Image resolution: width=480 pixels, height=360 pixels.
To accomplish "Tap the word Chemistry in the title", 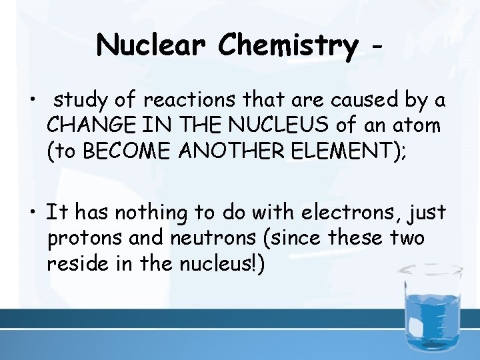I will (288, 45).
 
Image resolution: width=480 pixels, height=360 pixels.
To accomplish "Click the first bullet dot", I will (33, 102).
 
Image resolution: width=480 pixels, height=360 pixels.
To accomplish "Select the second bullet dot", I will (33, 214).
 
